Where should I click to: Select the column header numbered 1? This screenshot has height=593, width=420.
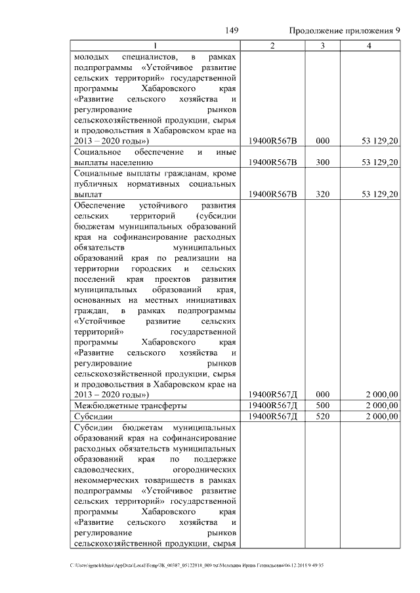(155, 45)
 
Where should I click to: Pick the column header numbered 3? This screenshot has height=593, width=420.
(322, 45)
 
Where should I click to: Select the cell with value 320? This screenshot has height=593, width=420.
(322, 194)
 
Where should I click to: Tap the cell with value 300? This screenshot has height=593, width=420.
(322, 162)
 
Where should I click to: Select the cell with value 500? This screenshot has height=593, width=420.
(322, 406)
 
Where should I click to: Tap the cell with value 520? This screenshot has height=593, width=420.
(322, 416)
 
